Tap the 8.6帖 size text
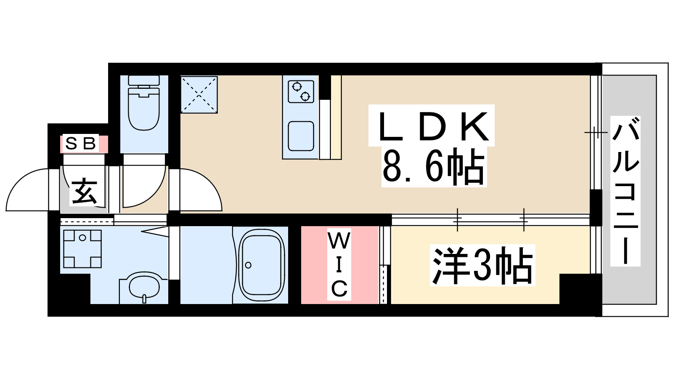[x=433, y=168]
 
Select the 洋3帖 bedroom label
[x=482, y=265]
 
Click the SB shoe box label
[x=81, y=144]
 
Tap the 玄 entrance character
[x=84, y=192]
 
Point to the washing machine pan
[x=82, y=249]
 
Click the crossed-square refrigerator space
[x=199, y=94]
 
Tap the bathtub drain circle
[x=248, y=265]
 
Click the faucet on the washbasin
[x=144, y=299]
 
